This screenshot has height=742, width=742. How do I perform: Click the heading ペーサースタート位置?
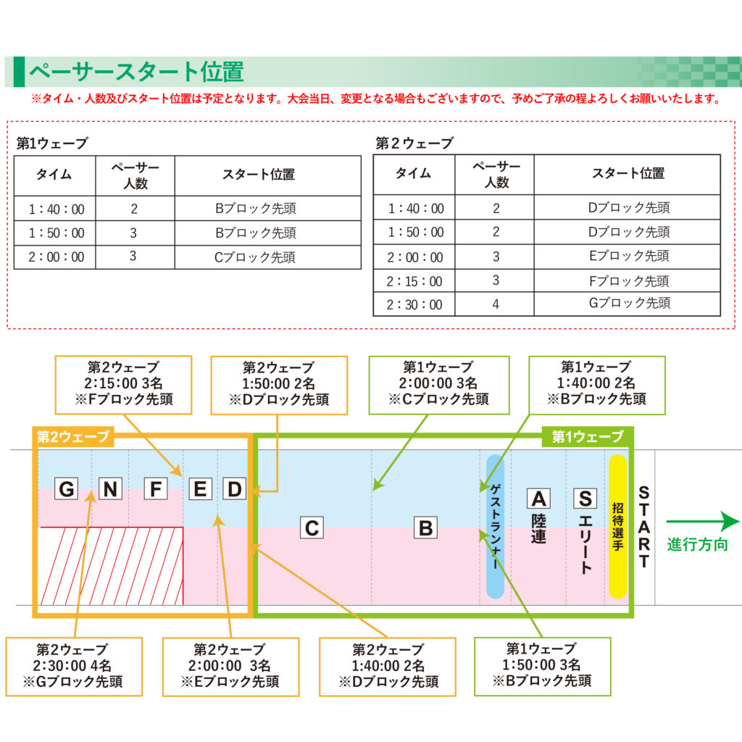pos(136,72)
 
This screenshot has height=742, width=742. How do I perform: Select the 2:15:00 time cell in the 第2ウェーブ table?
pos(414,281)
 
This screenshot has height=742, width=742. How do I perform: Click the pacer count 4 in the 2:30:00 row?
pos(496,304)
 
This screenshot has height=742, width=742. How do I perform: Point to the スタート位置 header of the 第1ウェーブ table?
pos(259,175)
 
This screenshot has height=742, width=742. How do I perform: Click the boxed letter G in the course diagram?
pos(67,489)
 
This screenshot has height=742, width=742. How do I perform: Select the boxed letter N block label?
pos(110,489)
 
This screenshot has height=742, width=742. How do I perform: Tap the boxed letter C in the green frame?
pos(312,528)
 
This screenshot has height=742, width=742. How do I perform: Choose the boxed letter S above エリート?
pos(585,499)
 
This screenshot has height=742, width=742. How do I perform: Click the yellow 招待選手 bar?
pos(617,526)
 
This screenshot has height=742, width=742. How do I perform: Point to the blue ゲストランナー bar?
pos(495,526)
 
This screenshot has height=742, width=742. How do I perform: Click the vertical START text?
pos(643,526)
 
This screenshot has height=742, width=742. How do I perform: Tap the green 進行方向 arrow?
pos(703,522)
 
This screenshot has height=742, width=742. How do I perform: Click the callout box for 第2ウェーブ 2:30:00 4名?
pos(74,667)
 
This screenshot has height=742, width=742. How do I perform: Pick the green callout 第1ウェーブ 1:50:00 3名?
pos(542,667)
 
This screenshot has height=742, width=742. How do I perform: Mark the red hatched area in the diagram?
pos(112,566)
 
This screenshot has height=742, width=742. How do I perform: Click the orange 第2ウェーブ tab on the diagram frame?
pos(73,436)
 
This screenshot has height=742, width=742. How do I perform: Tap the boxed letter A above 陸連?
pos(538,499)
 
